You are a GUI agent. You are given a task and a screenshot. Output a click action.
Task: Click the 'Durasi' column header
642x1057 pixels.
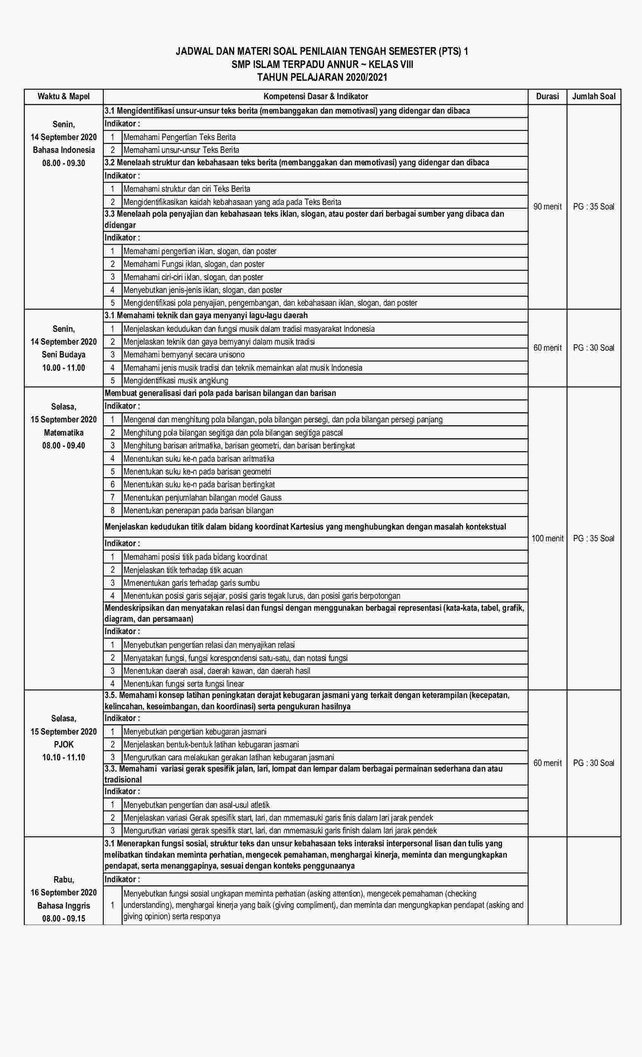(x=547, y=97)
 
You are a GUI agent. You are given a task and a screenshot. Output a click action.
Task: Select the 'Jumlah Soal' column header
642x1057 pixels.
(x=594, y=97)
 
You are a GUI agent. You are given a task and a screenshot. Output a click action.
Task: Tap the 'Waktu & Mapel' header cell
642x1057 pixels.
(x=63, y=97)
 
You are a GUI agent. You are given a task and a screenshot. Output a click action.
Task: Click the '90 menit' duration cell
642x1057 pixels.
(x=547, y=207)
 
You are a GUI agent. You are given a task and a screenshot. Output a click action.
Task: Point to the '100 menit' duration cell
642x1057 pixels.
(x=547, y=538)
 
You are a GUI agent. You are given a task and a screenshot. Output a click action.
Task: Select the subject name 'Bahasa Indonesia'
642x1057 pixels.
(x=63, y=150)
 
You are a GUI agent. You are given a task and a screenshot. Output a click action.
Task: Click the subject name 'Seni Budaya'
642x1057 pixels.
(x=63, y=355)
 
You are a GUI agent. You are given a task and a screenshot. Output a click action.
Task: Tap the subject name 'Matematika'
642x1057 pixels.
(x=63, y=432)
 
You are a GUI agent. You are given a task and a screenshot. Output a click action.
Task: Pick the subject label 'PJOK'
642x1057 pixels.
(x=63, y=744)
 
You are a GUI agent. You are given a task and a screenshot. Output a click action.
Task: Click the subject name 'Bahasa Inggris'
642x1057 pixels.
(x=63, y=906)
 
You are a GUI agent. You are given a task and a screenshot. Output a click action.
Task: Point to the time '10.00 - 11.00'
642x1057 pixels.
(x=63, y=368)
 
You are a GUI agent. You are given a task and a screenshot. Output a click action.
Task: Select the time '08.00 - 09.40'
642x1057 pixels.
(x=63, y=445)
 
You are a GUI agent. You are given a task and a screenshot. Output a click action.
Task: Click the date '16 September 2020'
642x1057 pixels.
(x=63, y=892)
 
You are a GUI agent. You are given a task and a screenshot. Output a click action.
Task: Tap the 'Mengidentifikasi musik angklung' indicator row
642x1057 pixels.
(x=176, y=381)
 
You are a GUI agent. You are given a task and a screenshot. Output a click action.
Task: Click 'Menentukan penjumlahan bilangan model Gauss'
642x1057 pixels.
(x=202, y=498)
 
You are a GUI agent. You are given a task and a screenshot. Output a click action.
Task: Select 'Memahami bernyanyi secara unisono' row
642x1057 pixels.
(x=184, y=355)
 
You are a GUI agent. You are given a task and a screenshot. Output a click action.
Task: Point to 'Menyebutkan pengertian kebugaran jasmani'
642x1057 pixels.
(x=195, y=732)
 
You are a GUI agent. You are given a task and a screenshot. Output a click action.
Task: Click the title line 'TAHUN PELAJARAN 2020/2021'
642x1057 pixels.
(x=322, y=78)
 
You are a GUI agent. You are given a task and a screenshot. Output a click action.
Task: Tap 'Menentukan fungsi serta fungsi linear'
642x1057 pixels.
(x=184, y=683)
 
